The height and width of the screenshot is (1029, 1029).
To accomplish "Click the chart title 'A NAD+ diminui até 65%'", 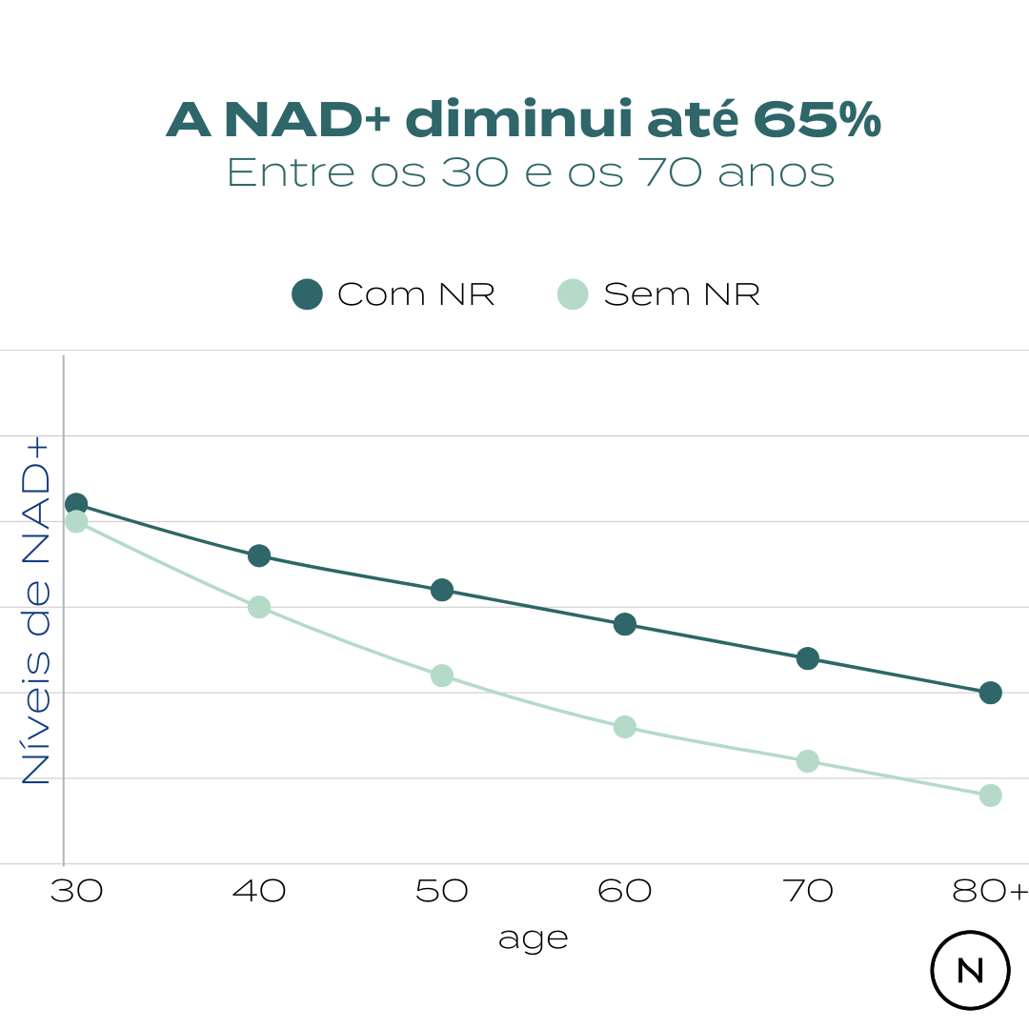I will point(523,121).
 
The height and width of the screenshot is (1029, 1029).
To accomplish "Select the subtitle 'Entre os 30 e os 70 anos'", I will point(531,173).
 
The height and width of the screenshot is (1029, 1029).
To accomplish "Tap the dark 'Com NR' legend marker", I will point(307,294).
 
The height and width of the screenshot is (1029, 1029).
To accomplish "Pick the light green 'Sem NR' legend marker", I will point(573,294).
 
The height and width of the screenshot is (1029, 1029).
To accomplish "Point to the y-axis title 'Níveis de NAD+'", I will point(36,611).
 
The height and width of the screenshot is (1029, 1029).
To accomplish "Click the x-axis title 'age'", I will point(533,939).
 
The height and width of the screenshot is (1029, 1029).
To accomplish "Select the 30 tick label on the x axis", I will point(76,892).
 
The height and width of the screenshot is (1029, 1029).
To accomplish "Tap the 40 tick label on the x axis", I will point(259,892).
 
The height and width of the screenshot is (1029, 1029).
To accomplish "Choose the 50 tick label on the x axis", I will point(442,892).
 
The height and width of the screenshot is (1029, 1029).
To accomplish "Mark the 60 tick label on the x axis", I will point(625,892).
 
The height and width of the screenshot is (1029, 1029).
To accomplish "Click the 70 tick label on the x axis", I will point(808,892).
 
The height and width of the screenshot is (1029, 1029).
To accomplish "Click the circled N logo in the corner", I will point(970,970).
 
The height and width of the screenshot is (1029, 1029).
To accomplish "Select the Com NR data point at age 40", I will point(259,555).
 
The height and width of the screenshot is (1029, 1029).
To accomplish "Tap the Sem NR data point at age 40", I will point(259,607).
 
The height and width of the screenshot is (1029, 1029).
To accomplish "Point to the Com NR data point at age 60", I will point(625,624).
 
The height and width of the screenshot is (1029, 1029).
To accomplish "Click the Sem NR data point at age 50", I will point(442,676).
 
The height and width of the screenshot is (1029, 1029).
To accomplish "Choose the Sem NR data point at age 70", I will point(808,761).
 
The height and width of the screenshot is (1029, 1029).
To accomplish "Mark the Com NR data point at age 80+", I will point(991,693).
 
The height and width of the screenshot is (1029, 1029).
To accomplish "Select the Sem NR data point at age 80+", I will point(991,796).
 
